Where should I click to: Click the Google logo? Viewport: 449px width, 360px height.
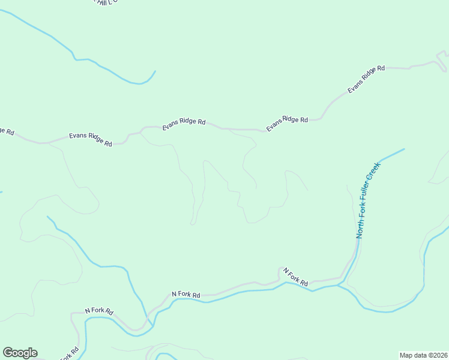(x=20, y=353)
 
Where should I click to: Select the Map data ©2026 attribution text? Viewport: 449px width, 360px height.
(x=423, y=355)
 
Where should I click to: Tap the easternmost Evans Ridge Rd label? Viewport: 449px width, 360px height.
(x=366, y=79)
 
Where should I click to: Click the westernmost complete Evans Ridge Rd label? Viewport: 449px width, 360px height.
(x=90, y=139)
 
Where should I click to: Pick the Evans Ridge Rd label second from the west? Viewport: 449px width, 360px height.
(x=184, y=125)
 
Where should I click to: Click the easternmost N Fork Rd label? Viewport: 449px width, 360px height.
(x=295, y=277)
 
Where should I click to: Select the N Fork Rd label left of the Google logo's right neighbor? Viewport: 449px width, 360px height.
(x=99, y=311)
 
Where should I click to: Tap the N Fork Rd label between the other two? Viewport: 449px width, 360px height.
(x=185, y=295)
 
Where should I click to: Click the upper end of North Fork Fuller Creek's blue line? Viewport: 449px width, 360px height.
(x=403, y=149)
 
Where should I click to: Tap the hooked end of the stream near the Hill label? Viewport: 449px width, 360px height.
(x=154, y=72)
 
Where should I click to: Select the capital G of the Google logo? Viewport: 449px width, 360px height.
(x=8, y=353)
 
